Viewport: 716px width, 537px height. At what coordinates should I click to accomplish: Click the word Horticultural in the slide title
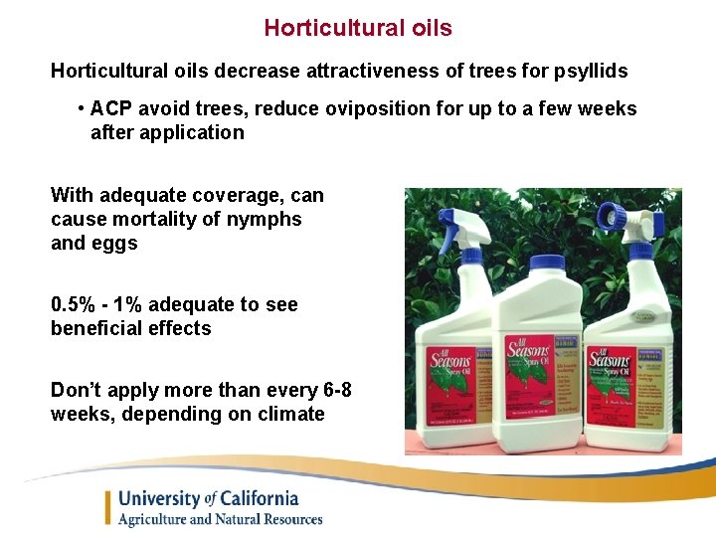pos(320,28)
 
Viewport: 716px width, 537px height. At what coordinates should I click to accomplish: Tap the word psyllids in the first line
pos(591,71)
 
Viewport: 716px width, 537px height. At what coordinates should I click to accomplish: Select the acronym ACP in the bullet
pos(112,108)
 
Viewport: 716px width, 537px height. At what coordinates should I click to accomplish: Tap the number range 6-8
pos(329,390)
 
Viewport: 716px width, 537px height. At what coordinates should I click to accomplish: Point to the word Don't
pos(77,390)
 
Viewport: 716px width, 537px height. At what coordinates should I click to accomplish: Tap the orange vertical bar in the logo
pos(108,507)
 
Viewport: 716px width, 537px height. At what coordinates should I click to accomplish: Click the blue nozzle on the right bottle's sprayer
pos(608,213)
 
